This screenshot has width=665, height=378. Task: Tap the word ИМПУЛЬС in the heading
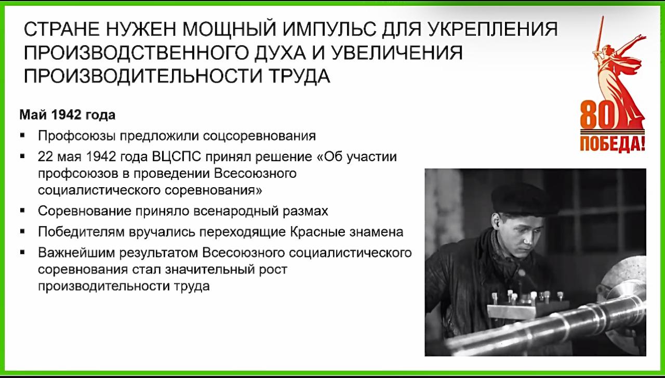tap(329, 29)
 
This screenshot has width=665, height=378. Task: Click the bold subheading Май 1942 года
tap(68, 115)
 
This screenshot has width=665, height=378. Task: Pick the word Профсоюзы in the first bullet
tap(76, 136)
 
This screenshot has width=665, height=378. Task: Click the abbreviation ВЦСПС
tap(176, 157)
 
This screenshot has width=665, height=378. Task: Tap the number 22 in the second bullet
tap(45, 157)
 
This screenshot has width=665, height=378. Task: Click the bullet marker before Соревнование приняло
tap(22, 211)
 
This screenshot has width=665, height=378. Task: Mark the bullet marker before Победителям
tap(22, 231)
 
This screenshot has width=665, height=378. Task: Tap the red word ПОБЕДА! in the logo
tap(613, 144)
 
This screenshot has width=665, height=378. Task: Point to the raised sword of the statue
tap(599, 36)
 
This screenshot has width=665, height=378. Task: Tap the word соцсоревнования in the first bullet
tap(259, 136)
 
